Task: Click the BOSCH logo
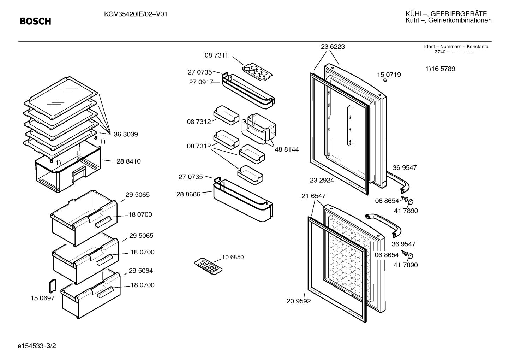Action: coord(35,22)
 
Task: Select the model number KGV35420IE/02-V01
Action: coord(136,14)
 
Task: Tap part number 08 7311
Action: coord(216,55)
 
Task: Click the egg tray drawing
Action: coord(257,72)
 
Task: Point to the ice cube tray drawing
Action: coord(208,266)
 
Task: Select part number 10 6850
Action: coord(233,257)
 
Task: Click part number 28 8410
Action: coord(128,161)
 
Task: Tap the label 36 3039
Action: coord(126,134)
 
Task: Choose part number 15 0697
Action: coord(42,298)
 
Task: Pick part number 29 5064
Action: coord(140,271)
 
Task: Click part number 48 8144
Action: coord(287,149)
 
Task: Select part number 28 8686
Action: coord(188,194)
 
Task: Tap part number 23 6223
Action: coord(333,47)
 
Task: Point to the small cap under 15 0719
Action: coord(385,80)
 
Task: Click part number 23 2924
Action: coord(322,181)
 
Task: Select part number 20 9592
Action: coord(298,301)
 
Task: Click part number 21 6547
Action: coord(313,196)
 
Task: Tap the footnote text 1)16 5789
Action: coord(440,69)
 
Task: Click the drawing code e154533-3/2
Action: coord(37,346)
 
